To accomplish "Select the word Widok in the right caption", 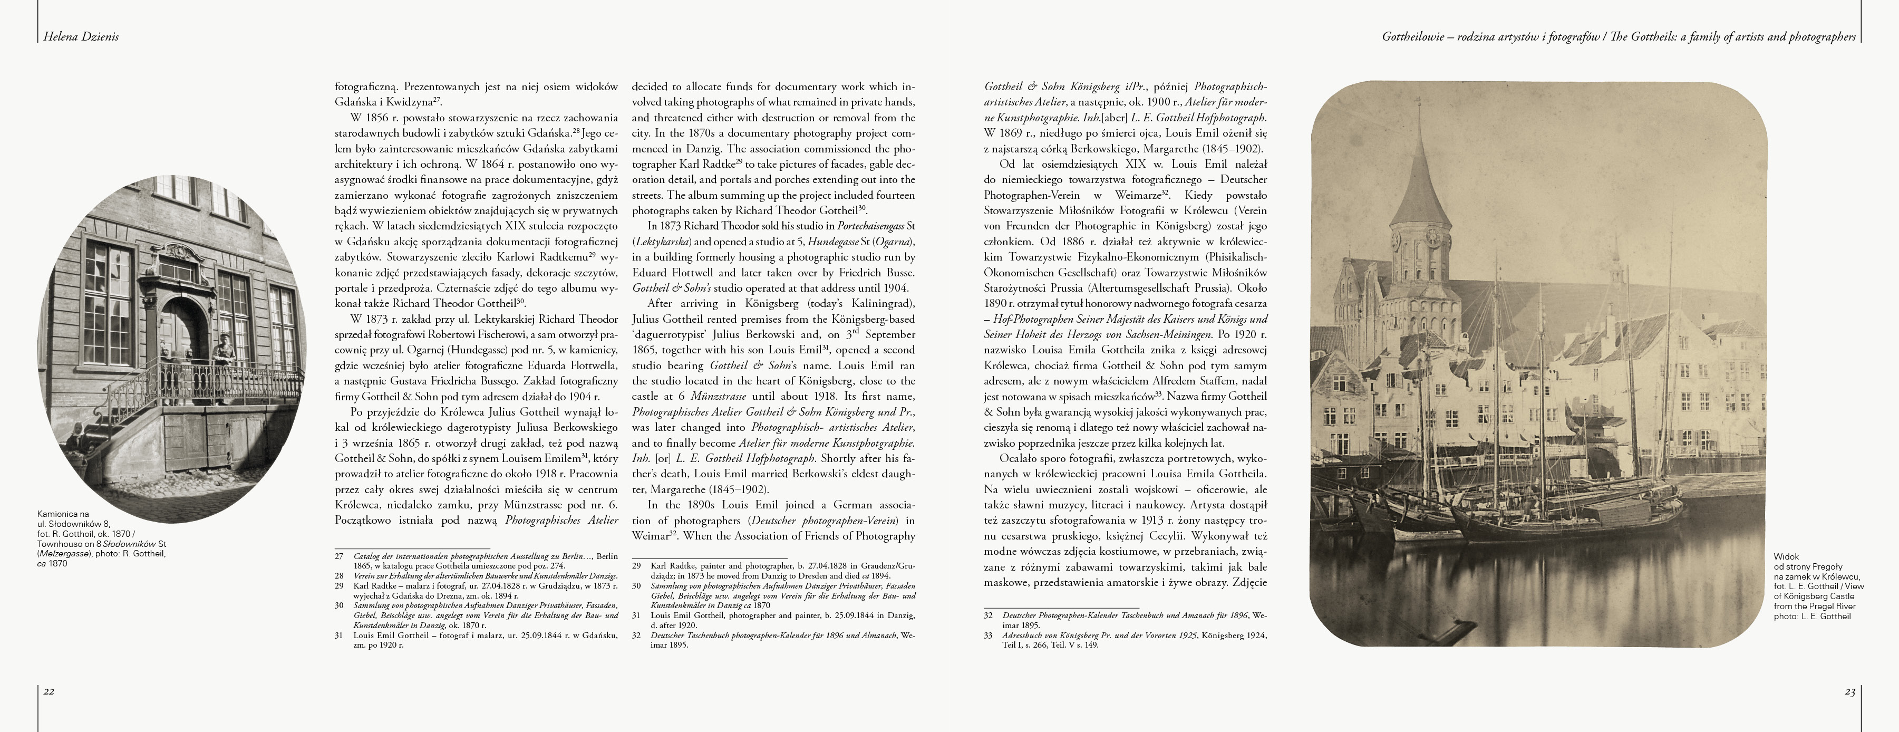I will tap(1786, 556).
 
